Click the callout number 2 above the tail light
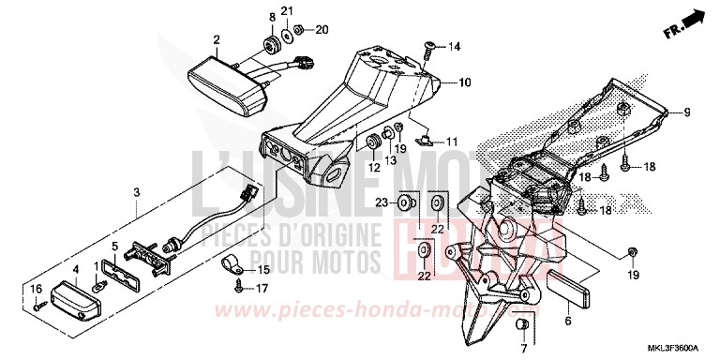click(217, 39)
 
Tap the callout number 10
click(464, 83)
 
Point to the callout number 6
click(566, 322)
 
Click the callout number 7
click(523, 350)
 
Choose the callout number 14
click(455, 45)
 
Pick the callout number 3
click(137, 192)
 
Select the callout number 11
click(452, 142)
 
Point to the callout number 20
click(322, 30)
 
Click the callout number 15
click(263, 271)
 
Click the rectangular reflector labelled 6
click(570, 288)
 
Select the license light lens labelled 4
click(74, 301)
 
